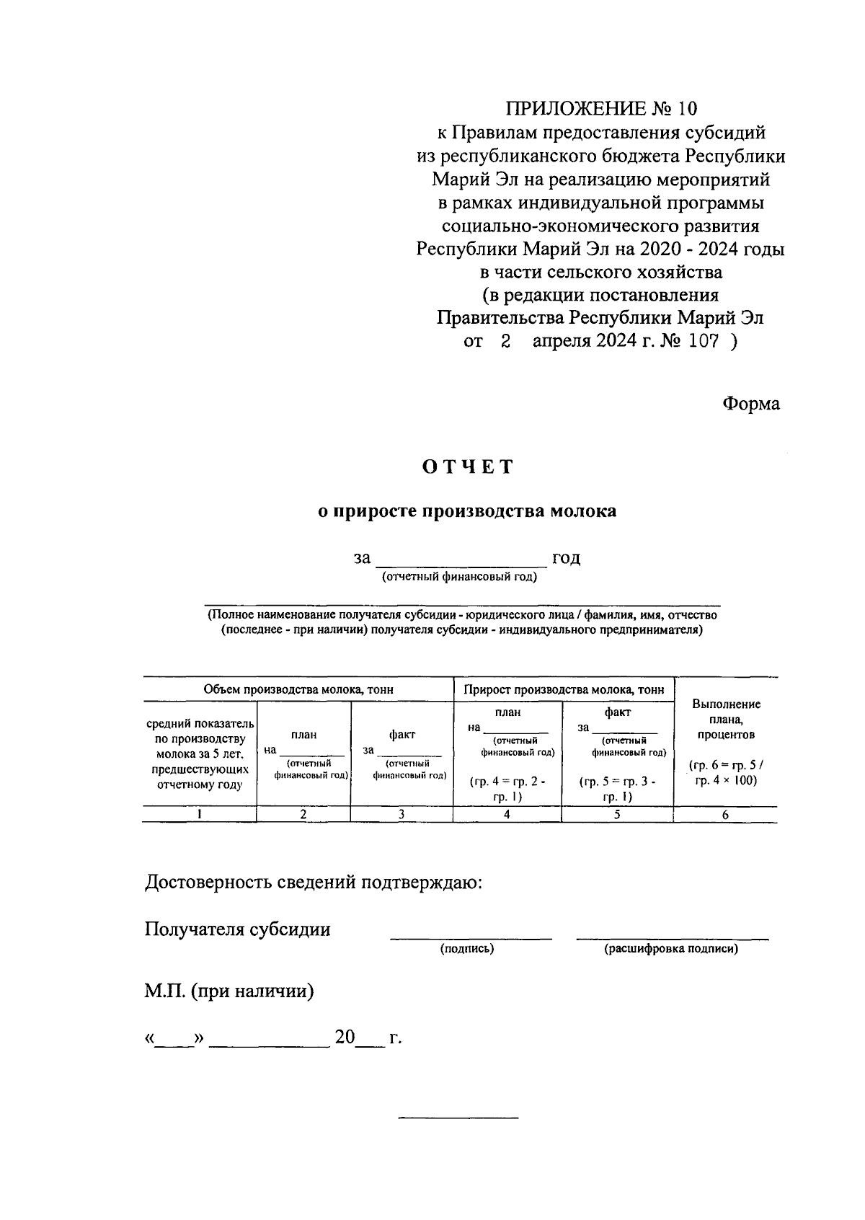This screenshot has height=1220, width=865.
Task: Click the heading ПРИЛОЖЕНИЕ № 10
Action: point(601,109)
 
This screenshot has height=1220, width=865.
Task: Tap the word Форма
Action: point(751,403)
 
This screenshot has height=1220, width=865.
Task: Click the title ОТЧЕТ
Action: point(468,467)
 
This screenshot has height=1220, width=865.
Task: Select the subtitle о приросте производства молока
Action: point(468,511)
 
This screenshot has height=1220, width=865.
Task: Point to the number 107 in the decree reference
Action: point(704,342)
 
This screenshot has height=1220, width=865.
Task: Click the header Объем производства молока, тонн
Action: point(298,689)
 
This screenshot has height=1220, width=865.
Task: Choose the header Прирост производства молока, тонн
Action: point(564,689)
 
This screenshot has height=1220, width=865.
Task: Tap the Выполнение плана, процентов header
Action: point(726,719)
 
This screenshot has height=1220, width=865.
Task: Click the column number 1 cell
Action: point(199,814)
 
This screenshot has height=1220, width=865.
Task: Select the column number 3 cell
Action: point(402,814)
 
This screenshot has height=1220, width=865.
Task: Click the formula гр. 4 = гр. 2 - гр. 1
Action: point(507,789)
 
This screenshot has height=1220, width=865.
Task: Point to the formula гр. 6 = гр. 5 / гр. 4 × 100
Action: point(726,772)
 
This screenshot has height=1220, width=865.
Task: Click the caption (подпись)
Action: point(467,949)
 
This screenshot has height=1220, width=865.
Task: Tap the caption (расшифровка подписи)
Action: point(671,949)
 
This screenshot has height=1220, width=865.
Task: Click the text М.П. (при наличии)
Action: point(229,991)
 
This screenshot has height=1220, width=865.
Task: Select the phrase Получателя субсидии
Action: point(238,929)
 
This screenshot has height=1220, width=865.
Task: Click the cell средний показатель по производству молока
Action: point(200,753)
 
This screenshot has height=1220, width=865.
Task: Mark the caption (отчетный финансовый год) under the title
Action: point(459,577)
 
